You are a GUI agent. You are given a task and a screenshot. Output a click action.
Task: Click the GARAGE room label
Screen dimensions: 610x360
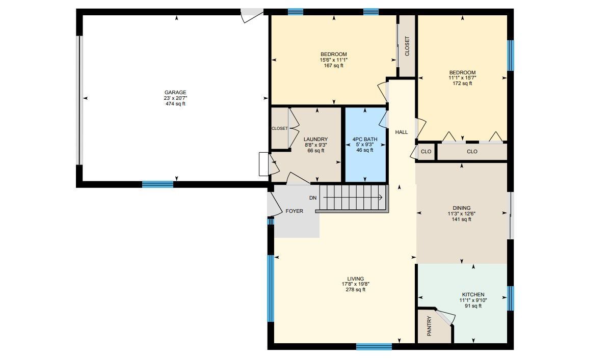click(x=175, y=93)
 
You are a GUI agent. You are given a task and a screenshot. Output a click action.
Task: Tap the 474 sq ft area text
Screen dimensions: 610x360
click(x=175, y=104)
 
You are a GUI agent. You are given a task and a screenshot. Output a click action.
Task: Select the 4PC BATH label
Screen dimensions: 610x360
click(x=365, y=139)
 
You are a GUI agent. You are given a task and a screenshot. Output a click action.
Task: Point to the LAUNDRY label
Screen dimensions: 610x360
click(x=315, y=139)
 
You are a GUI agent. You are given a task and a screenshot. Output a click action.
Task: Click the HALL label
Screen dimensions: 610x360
click(x=402, y=132)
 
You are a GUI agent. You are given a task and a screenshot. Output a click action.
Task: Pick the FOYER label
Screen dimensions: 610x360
click(x=295, y=211)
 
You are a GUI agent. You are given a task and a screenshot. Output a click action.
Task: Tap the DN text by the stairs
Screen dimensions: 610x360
click(x=313, y=198)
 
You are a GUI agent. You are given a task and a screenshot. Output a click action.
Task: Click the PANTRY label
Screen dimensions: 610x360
click(x=429, y=326)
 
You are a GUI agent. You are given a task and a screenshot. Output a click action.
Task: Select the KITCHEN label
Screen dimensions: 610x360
click(x=473, y=295)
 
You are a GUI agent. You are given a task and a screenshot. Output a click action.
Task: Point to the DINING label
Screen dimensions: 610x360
click(x=461, y=208)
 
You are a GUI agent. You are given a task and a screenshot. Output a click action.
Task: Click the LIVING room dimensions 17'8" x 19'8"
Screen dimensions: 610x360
click(x=356, y=284)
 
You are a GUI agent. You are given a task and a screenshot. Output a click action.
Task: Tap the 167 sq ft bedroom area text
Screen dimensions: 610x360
click(x=334, y=66)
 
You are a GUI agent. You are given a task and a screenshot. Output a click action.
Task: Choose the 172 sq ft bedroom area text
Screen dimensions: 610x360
click(x=462, y=83)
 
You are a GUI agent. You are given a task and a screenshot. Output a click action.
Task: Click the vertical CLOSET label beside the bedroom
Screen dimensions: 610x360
click(x=407, y=46)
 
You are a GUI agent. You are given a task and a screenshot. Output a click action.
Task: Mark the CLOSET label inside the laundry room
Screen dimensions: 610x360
click(x=279, y=128)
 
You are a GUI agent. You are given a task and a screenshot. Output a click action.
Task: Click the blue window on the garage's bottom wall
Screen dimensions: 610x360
click(x=157, y=184)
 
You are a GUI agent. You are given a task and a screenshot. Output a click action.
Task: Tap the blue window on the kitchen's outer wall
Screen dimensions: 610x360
click(x=511, y=298)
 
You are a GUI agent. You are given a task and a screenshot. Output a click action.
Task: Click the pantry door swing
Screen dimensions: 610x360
click(x=445, y=316)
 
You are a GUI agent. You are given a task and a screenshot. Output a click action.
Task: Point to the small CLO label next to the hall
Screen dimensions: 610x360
click(x=426, y=152)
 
